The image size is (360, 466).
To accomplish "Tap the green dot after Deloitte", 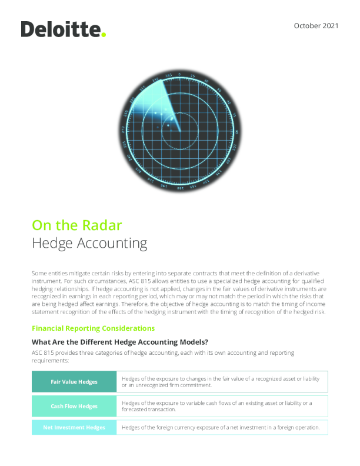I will click(x=104, y=35).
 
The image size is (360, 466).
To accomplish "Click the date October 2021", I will click(x=315, y=27).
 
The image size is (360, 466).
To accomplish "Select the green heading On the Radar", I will click(x=76, y=225).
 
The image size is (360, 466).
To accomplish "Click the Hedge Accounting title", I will click(x=89, y=242).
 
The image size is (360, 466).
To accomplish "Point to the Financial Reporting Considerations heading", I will click(x=93, y=328).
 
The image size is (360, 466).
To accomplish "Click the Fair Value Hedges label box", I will click(x=74, y=382).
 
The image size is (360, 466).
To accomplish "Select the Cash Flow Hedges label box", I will click(x=74, y=406).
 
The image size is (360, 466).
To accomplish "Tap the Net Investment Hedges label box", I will click(x=74, y=427).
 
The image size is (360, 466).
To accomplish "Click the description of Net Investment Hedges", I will click(x=220, y=427).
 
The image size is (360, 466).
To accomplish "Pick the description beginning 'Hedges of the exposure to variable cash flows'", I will click(x=216, y=406).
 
